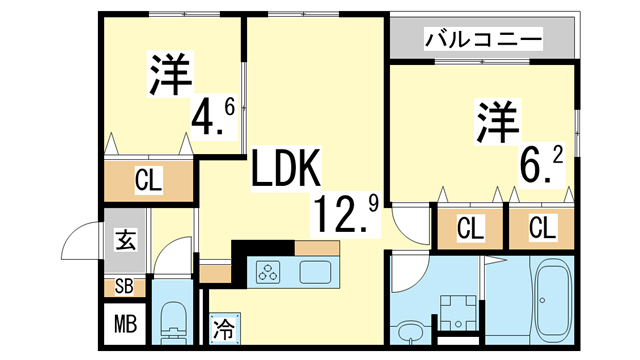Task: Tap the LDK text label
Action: (x=285, y=169)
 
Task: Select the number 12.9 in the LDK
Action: (x=346, y=211)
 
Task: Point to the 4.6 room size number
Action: (x=212, y=117)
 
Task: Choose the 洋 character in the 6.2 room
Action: (x=496, y=121)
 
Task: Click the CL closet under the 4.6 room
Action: (x=149, y=182)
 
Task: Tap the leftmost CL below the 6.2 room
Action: (x=469, y=228)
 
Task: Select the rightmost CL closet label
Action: (x=542, y=228)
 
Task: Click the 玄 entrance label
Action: (x=126, y=240)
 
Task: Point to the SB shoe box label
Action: (x=125, y=287)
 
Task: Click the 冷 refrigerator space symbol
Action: (x=224, y=327)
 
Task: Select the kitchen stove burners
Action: (x=270, y=270)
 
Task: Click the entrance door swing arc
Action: (x=78, y=245)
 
